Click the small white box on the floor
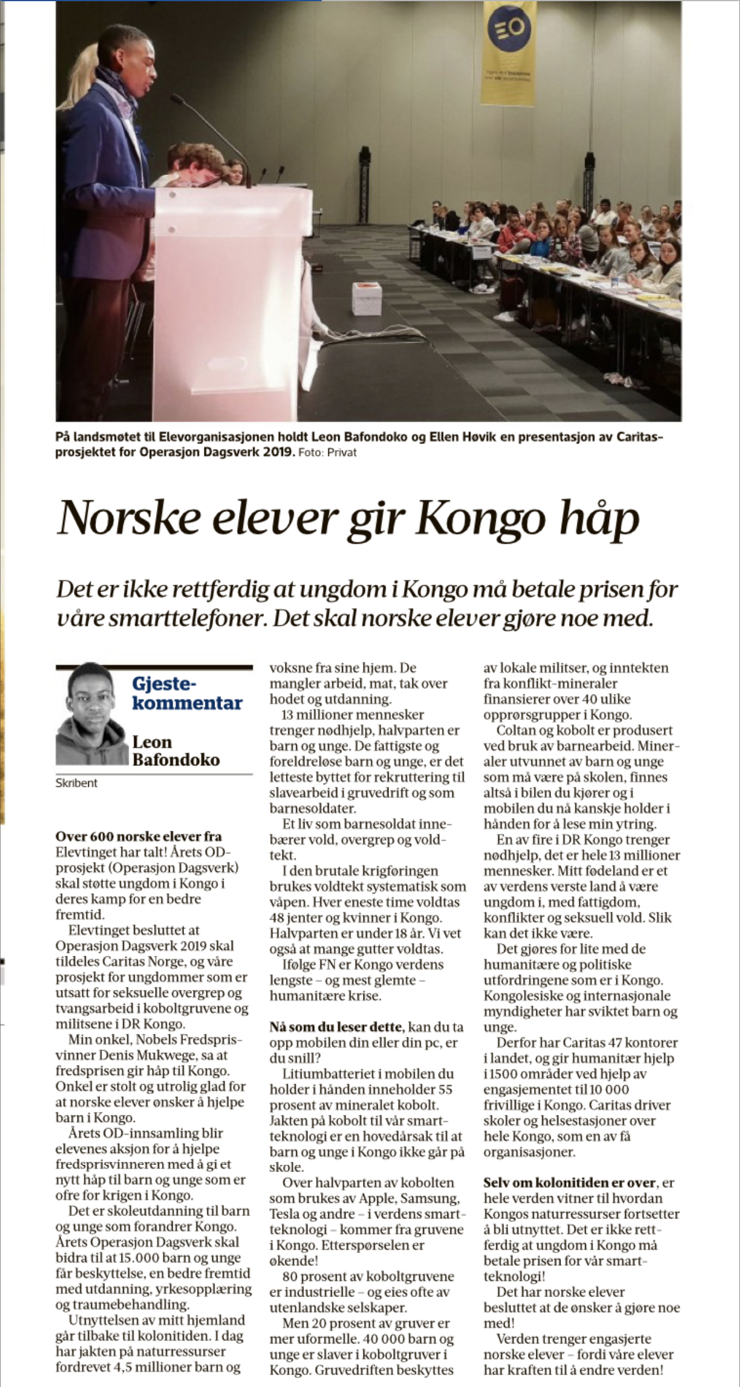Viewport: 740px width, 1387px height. (365, 299)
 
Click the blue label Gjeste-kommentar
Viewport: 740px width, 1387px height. (186, 694)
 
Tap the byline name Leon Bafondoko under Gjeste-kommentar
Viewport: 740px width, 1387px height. (175, 750)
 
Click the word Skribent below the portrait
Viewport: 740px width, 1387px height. (76, 783)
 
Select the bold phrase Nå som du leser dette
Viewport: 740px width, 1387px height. (336, 1027)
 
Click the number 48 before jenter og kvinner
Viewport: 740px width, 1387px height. (277, 918)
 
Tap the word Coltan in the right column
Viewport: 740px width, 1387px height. (516, 730)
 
